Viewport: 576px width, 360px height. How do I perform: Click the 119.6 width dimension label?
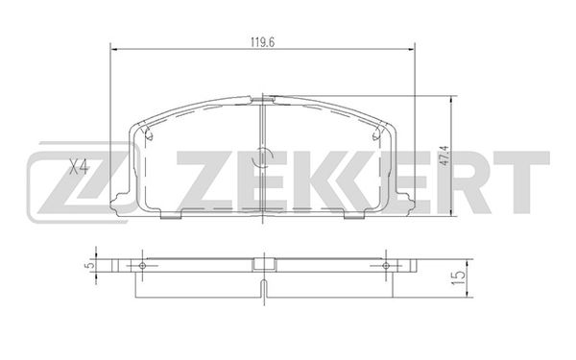pos(263,42)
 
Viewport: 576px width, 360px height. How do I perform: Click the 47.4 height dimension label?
pos(444,156)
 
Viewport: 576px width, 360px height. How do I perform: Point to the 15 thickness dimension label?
pos(460,278)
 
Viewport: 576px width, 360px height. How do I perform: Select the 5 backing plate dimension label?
pos(87,265)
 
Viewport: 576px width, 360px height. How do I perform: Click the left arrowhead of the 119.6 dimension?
pos(114,49)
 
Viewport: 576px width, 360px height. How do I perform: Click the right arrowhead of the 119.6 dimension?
pos(411,49)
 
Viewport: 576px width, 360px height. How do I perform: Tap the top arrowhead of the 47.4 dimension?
pos(452,100)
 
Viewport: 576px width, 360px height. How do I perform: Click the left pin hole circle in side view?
pos(142,266)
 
